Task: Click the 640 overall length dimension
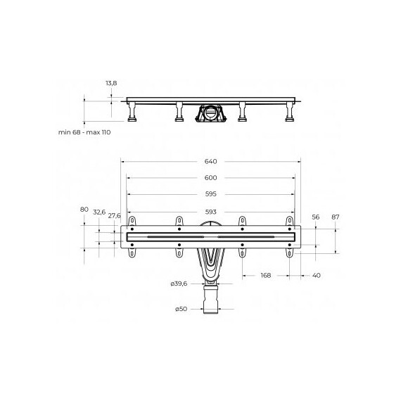pos(211,161)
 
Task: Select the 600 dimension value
pos(211,178)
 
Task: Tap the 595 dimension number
pos(211,194)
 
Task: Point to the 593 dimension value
pos(211,212)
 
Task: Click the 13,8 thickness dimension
pos(111,83)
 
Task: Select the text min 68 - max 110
pos(84,132)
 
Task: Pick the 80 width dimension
pos(84,209)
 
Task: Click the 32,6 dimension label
pos(99,212)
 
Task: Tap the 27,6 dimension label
pos(114,215)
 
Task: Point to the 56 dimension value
pos(316,217)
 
